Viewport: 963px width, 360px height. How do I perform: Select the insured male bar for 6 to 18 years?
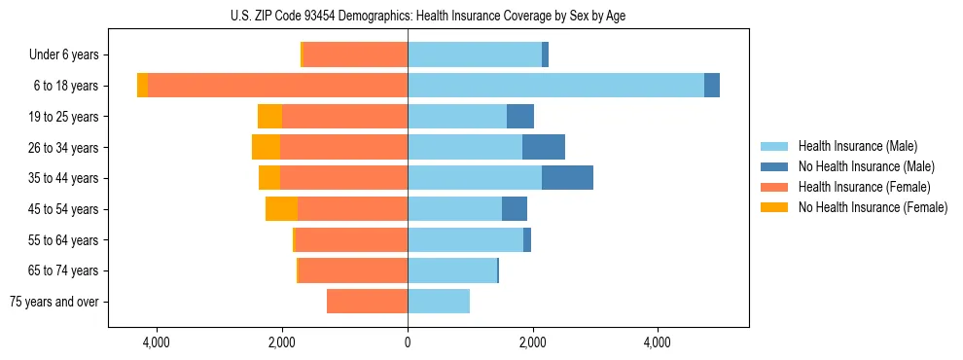pos(555,86)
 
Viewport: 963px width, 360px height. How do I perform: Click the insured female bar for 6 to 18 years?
pos(277,86)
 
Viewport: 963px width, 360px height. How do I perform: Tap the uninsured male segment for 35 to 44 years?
pos(567,178)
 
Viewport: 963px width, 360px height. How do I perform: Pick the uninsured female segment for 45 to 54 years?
pos(281,209)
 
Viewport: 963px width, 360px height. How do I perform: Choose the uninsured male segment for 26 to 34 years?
pos(544,147)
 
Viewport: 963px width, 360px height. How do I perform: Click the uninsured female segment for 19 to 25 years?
pos(269,117)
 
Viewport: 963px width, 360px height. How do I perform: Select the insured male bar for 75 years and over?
pos(439,302)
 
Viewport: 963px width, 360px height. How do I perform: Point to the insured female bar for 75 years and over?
pos(367,302)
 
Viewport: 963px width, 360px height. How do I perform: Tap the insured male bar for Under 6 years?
pos(475,54)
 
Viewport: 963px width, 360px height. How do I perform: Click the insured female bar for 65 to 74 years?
pos(352,270)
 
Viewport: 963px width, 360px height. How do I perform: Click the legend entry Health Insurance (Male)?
pos(857,146)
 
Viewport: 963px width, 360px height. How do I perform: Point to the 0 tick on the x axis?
pos(408,343)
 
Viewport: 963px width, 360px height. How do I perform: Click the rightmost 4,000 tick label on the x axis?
pos(658,343)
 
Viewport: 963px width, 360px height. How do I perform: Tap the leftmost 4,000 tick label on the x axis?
pos(157,343)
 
